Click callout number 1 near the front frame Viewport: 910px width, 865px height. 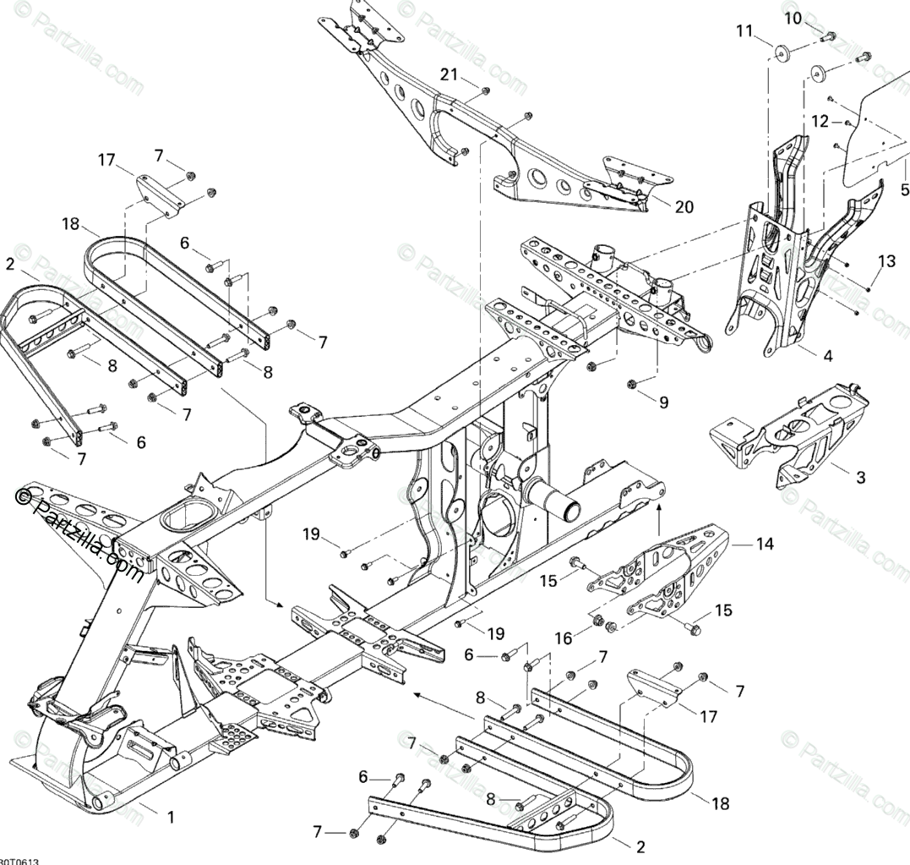tap(171, 817)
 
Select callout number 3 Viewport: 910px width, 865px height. tap(860, 478)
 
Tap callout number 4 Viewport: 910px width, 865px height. tap(827, 356)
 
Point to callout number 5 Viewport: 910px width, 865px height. tap(904, 189)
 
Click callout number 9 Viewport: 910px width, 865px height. tap(663, 403)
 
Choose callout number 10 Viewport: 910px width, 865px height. tap(793, 18)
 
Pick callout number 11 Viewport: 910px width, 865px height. tap(744, 31)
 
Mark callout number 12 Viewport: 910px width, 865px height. tap(820, 121)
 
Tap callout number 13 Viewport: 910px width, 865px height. tap(885, 261)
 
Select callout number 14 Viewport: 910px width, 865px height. tap(764, 545)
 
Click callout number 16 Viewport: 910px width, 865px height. tap(564, 637)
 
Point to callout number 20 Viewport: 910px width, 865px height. tap(684, 206)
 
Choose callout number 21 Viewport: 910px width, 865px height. tap(448, 75)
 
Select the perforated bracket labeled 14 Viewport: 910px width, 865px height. tap(668, 575)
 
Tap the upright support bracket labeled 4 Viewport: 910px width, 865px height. tap(773, 279)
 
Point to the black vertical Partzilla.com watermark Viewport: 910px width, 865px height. tap(80, 533)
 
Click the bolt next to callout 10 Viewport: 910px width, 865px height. tap(829, 36)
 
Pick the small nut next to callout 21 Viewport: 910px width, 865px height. tap(486, 90)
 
